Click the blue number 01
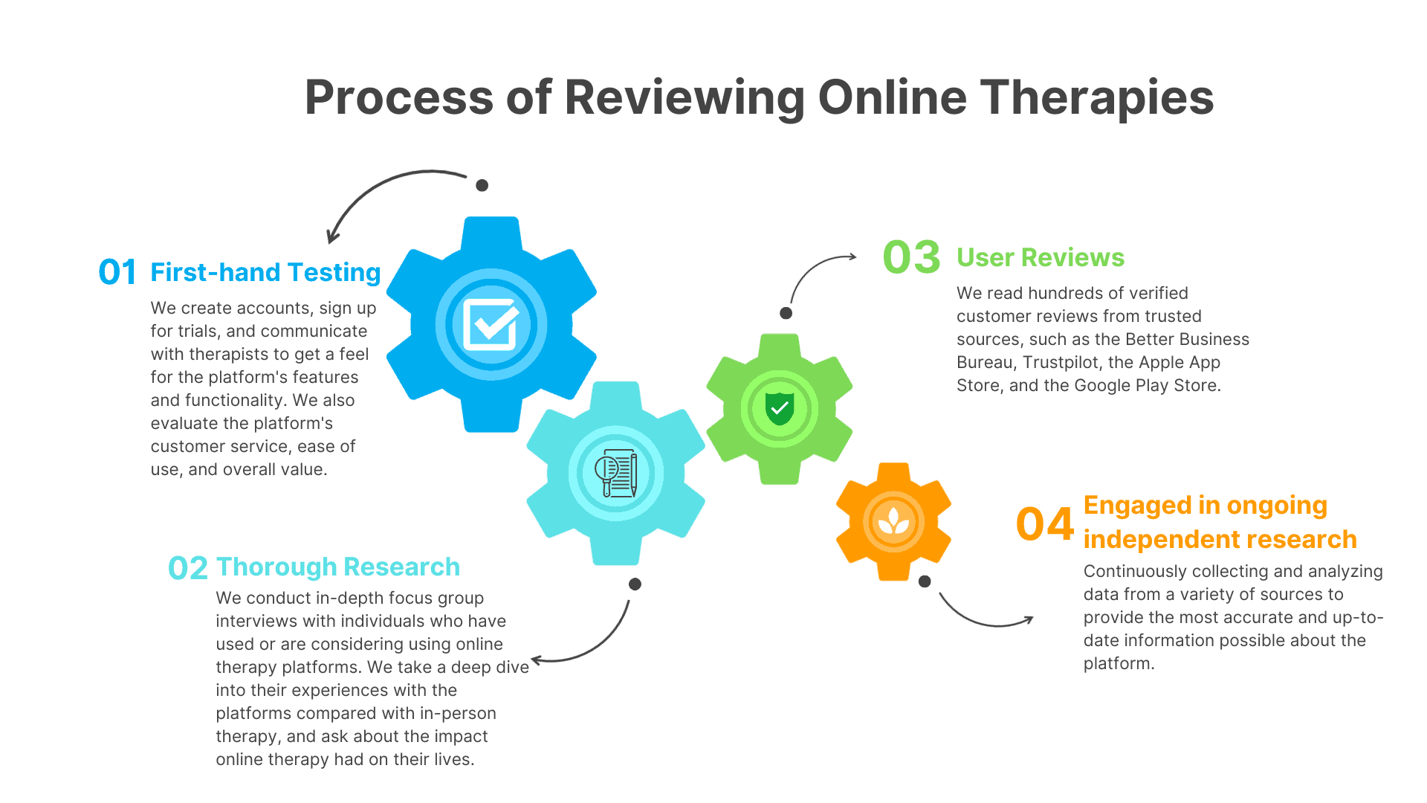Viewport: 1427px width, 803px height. coord(117,272)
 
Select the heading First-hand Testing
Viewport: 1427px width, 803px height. coord(265,273)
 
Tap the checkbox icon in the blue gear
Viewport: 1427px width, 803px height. coord(491,324)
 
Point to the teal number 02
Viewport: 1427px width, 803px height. coord(187,568)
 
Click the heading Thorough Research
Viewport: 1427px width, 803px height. coord(338,567)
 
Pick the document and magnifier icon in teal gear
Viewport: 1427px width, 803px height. coord(615,473)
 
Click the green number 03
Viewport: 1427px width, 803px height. coord(912,257)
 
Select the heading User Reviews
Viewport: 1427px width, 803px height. coord(1041,257)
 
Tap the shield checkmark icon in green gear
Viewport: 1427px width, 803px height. coord(780,408)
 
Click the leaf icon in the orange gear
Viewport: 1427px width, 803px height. coord(893,521)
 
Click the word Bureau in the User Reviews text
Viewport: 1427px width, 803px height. coord(985,362)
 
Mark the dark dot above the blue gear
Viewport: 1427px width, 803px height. coord(482,185)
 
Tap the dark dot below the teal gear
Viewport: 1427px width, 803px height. coord(635,584)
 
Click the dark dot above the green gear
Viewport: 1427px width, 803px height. coord(786,313)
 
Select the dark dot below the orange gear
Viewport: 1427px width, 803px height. coord(925,581)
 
